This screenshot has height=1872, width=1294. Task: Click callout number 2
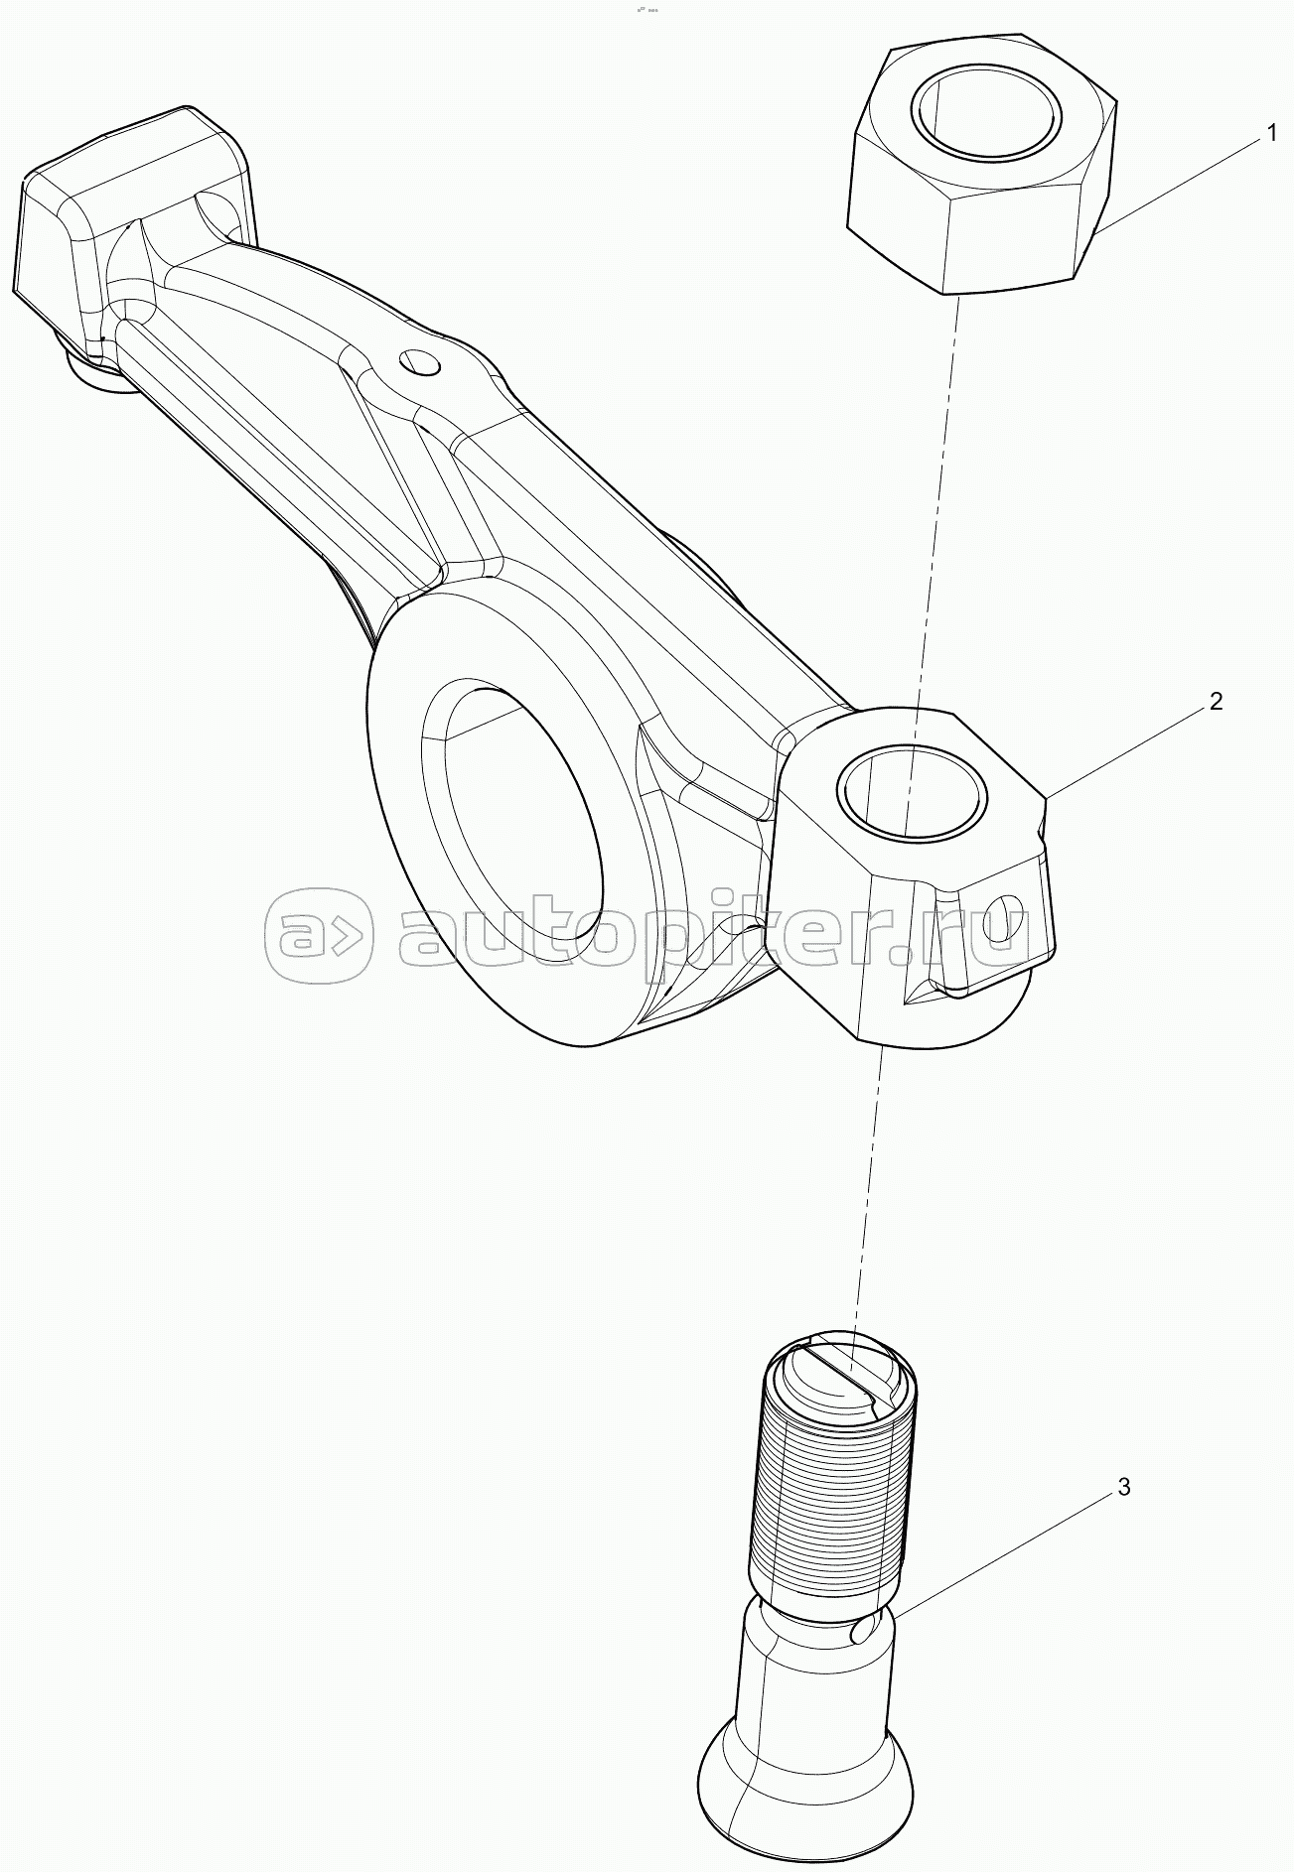click(x=1216, y=701)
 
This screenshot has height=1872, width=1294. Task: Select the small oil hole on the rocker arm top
click(x=417, y=362)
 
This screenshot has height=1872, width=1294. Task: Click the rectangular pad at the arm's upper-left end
click(x=129, y=228)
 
